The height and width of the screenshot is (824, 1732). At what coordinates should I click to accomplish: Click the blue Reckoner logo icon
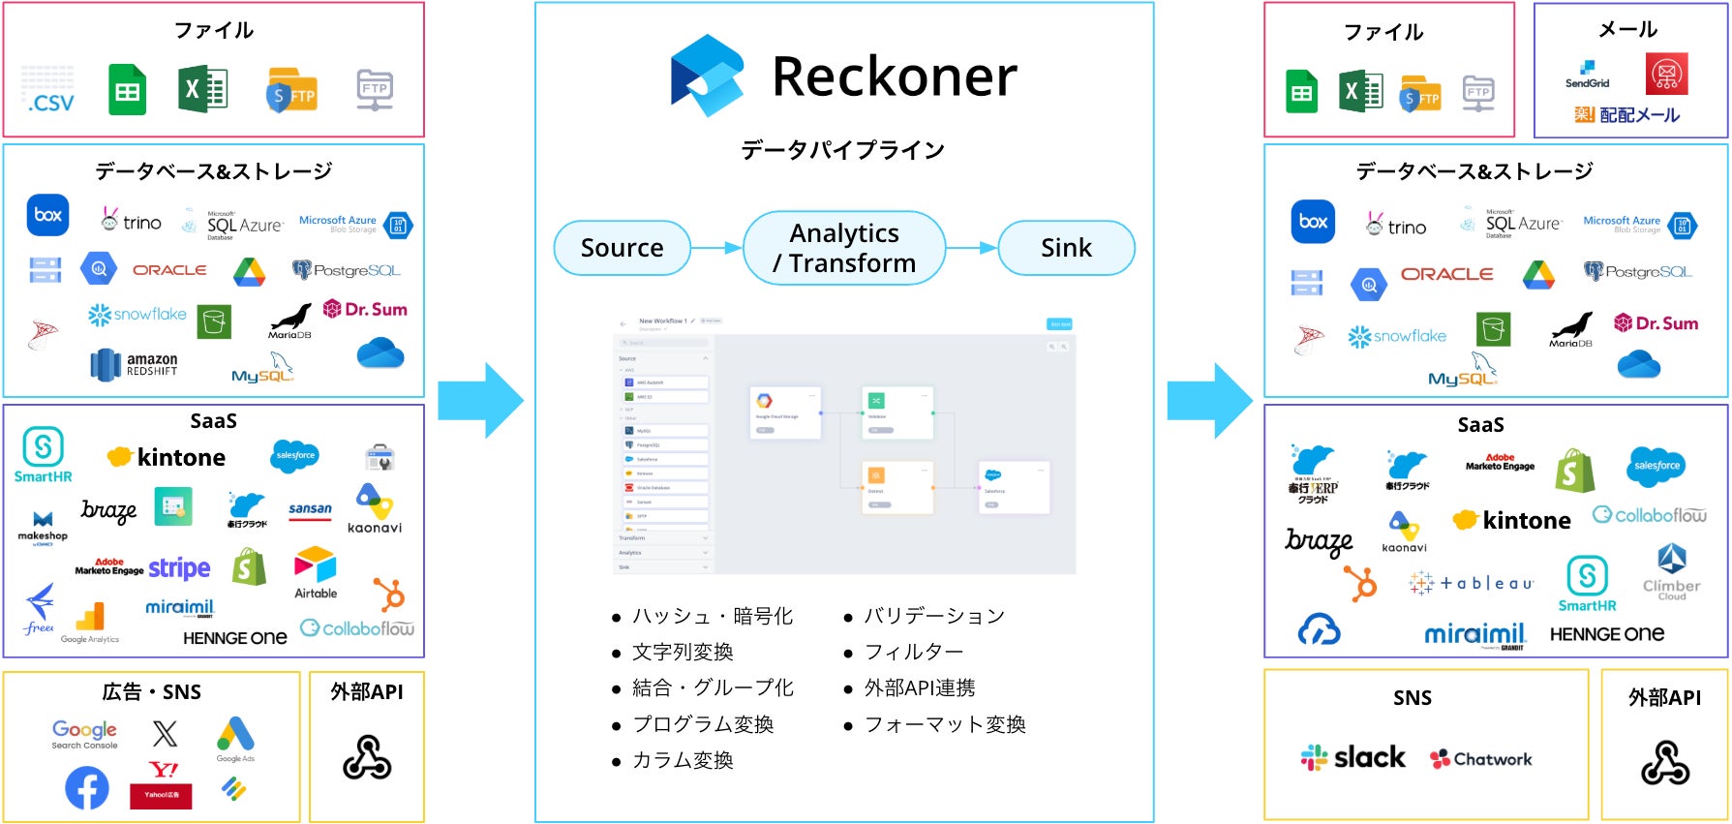(707, 76)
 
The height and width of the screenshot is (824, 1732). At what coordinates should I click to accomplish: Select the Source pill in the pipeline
(622, 248)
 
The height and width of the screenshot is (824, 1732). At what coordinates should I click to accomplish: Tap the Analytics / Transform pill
(844, 248)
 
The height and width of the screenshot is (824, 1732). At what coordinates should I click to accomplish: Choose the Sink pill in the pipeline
(1066, 248)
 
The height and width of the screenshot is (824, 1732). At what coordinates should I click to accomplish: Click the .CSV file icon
(48, 91)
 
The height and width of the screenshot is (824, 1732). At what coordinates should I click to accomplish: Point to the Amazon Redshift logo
(135, 364)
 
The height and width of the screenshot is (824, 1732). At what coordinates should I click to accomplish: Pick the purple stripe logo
(179, 567)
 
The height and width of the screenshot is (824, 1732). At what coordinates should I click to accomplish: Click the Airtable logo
(316, 572)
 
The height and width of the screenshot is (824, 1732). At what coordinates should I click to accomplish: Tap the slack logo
(1352, 757)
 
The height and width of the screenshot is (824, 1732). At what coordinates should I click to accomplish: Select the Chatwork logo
(1481, 759)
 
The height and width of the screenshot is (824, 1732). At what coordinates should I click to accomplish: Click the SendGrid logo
(1587, 75)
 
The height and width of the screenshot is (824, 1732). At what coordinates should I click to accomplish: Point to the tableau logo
(1472, 583)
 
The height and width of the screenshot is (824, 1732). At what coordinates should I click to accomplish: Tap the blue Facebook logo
(87, 788)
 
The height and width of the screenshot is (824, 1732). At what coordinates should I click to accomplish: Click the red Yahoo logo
(162, 783)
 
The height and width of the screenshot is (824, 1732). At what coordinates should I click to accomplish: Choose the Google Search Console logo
(84, 734)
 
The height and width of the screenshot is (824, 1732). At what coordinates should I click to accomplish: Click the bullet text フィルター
(913, 652)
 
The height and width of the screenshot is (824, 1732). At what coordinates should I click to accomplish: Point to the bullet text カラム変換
(683, 760)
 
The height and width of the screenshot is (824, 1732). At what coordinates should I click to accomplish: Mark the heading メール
(1628, 30)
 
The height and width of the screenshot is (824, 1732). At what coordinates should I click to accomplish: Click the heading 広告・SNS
(152, 691)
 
